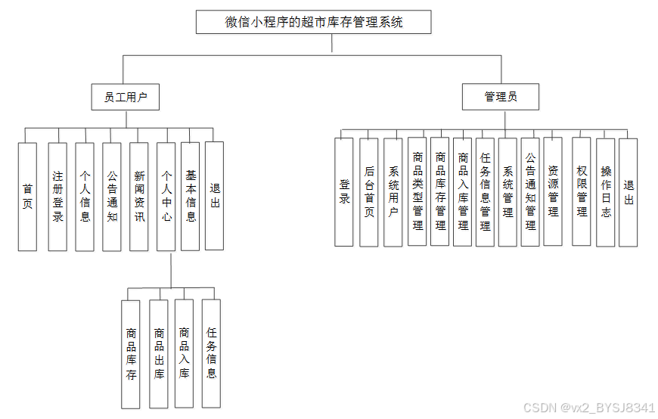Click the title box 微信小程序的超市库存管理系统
click(x=313, y=22)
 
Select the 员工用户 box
click(x=126, y=97)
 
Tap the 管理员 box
click(x=501, y=97)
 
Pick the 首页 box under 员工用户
click(x=27, y=197)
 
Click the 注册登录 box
click(x=57, y=197)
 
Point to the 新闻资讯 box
click(x=139, y=197)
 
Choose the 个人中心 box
click(x=166, y=197)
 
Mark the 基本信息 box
click(x=191, y=197)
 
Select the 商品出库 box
click(x=159, y=353)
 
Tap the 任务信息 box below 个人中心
click(x=212, y=353)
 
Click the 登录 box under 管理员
click(x=344, y=192)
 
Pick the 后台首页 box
click(x=369, y=192)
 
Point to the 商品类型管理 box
click(x=417, y=192)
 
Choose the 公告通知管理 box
click(x=530, y=192)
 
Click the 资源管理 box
click(x=553, y=192)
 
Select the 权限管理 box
click(x=581, y=192)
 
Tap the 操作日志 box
click(x=605, y=192)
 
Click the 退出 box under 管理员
click(x=628, y=192)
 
